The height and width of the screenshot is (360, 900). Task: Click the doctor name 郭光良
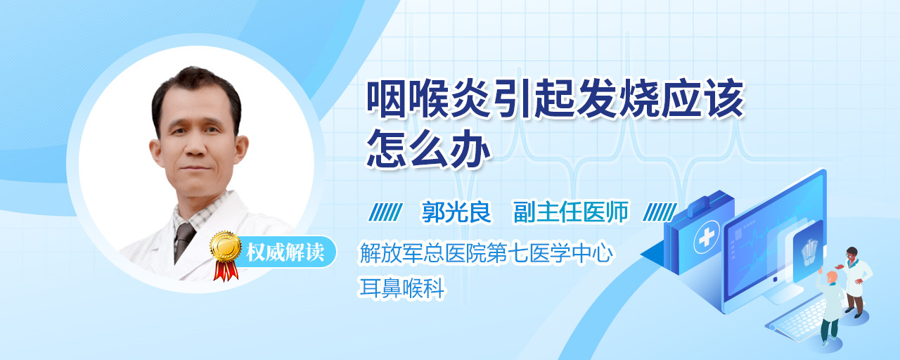(x=456, y=212)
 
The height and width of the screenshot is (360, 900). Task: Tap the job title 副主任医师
(x=570, y=212)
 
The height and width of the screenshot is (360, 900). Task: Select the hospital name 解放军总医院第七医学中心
(x=486, y=253)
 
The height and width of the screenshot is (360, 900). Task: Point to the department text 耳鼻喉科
(x=401, y=288)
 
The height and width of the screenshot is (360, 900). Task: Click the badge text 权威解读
(x=285, y=252)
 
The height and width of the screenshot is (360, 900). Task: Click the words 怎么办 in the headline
(x=429, y=148)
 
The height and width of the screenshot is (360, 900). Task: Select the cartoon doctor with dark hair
(x=855, y=282)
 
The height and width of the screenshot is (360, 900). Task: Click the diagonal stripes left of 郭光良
(x=385, y=212)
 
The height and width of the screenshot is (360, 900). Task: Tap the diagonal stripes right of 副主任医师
(x=660, y=212)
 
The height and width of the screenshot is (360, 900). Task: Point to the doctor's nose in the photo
(x=195, y=148)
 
